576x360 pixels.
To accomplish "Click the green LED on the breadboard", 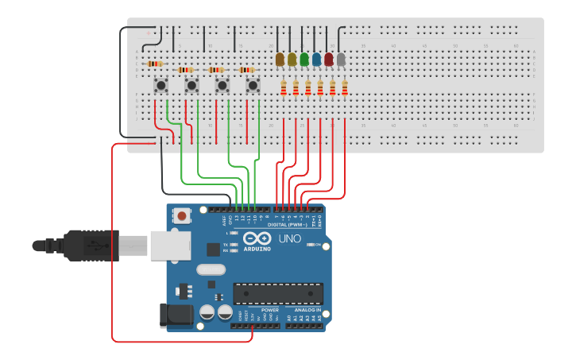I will coord(304,59).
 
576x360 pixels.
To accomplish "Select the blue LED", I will coord(316,59).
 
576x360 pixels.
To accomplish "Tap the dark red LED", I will coord(328,59).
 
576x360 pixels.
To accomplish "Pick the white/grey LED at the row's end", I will coord(341,59).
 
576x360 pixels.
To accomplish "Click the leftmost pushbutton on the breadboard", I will coord(160,84).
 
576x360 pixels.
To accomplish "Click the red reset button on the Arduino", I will coord(183,215).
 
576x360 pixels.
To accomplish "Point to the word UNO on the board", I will coord(290,238).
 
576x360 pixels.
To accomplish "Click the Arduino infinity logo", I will coord(257,238).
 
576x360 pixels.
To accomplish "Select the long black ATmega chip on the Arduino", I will coord(278,292).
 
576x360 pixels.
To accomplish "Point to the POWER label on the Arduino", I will coord(259,310).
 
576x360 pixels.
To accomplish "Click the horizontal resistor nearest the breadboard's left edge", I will coord(156,64).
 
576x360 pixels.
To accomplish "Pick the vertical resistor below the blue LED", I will coord(320,87).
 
